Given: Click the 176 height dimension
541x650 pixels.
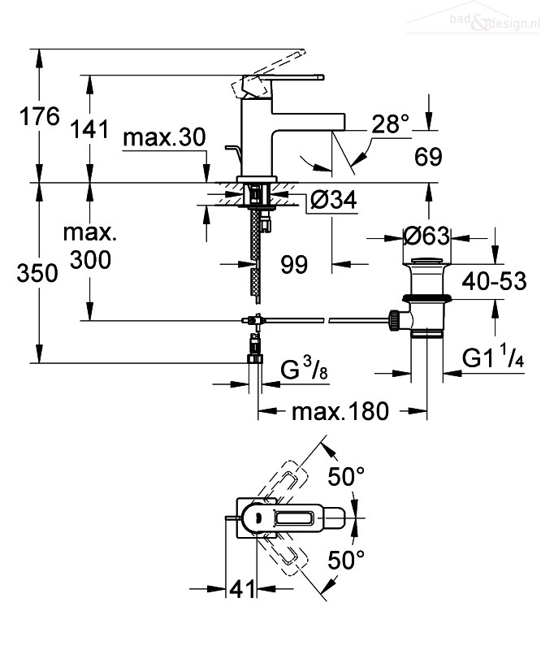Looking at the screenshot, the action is [40, 116].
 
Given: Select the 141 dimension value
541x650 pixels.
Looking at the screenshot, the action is [89, 129].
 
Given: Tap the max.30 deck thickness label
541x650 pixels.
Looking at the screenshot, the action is [164, 136].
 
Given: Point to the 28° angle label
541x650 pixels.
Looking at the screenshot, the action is [390, 123].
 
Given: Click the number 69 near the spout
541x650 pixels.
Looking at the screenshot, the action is [428, 157].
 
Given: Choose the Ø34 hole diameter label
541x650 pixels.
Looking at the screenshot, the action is [334, 200].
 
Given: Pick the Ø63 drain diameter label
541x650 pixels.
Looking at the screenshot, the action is [426, 236].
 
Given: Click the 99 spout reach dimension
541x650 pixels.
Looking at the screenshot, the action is [294, 265].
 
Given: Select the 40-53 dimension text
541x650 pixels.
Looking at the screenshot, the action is [494, 281].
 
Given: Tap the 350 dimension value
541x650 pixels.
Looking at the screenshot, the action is [37, 274].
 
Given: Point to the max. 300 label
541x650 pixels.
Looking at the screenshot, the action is [90, 247].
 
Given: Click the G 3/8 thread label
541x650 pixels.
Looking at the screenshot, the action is [304, 368].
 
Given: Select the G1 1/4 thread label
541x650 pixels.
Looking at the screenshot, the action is [493, 357].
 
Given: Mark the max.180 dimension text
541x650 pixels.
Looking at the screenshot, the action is [340, 412].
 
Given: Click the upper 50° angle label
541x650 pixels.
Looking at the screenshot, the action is [346, 477].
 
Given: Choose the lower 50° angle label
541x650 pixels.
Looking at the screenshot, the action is [346, 561].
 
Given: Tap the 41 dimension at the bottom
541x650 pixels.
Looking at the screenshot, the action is [242, 589].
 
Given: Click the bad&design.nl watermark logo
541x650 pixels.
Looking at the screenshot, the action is [473, 17].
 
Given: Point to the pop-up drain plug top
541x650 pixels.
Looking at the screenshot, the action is [426, 261].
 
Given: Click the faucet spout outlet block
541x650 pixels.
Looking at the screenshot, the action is [309, 122].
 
